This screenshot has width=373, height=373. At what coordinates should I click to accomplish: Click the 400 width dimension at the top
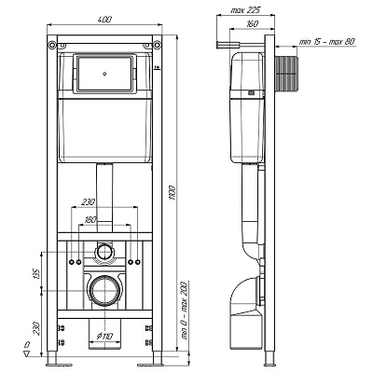click(104, 20)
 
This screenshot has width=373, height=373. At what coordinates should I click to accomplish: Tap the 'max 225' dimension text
click(245, 10)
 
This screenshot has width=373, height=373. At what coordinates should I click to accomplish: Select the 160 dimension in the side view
click(252, 23)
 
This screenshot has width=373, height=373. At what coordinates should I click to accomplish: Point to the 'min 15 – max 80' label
click(326, 42)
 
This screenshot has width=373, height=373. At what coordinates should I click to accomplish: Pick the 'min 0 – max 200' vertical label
click(184, 311)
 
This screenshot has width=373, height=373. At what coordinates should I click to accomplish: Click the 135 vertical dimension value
click(36, 273)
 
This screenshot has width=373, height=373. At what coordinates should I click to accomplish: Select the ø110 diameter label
click(104, 336)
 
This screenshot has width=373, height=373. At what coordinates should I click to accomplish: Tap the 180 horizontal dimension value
click(90, 220)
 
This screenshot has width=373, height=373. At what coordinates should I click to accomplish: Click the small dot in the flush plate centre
click(105, 74)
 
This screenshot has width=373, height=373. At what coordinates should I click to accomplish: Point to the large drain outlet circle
click(105, 289)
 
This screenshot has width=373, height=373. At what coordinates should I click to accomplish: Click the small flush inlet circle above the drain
click(104, 252)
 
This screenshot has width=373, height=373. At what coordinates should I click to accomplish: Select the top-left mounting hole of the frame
click(51, 45)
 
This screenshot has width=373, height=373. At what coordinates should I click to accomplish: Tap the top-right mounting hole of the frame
click(158, 45)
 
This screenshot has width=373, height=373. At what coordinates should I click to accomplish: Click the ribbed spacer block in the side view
click(285, 75)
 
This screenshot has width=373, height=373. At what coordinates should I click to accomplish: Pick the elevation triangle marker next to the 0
click(27, 353)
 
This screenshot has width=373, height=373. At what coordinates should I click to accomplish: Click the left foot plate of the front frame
click(59, 365)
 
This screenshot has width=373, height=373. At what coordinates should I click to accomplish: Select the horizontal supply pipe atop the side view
click(240, 46)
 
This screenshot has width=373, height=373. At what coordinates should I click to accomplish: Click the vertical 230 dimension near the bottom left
click(36, 328)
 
